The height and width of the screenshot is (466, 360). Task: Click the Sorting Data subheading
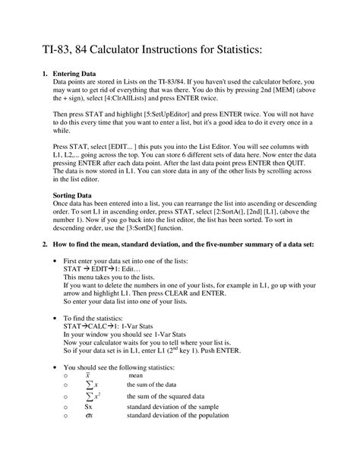click(x=71, y=195)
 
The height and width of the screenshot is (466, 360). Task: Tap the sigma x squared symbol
click(x=90, y=395)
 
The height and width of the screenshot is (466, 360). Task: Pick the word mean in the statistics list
click(x=135, y=375)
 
